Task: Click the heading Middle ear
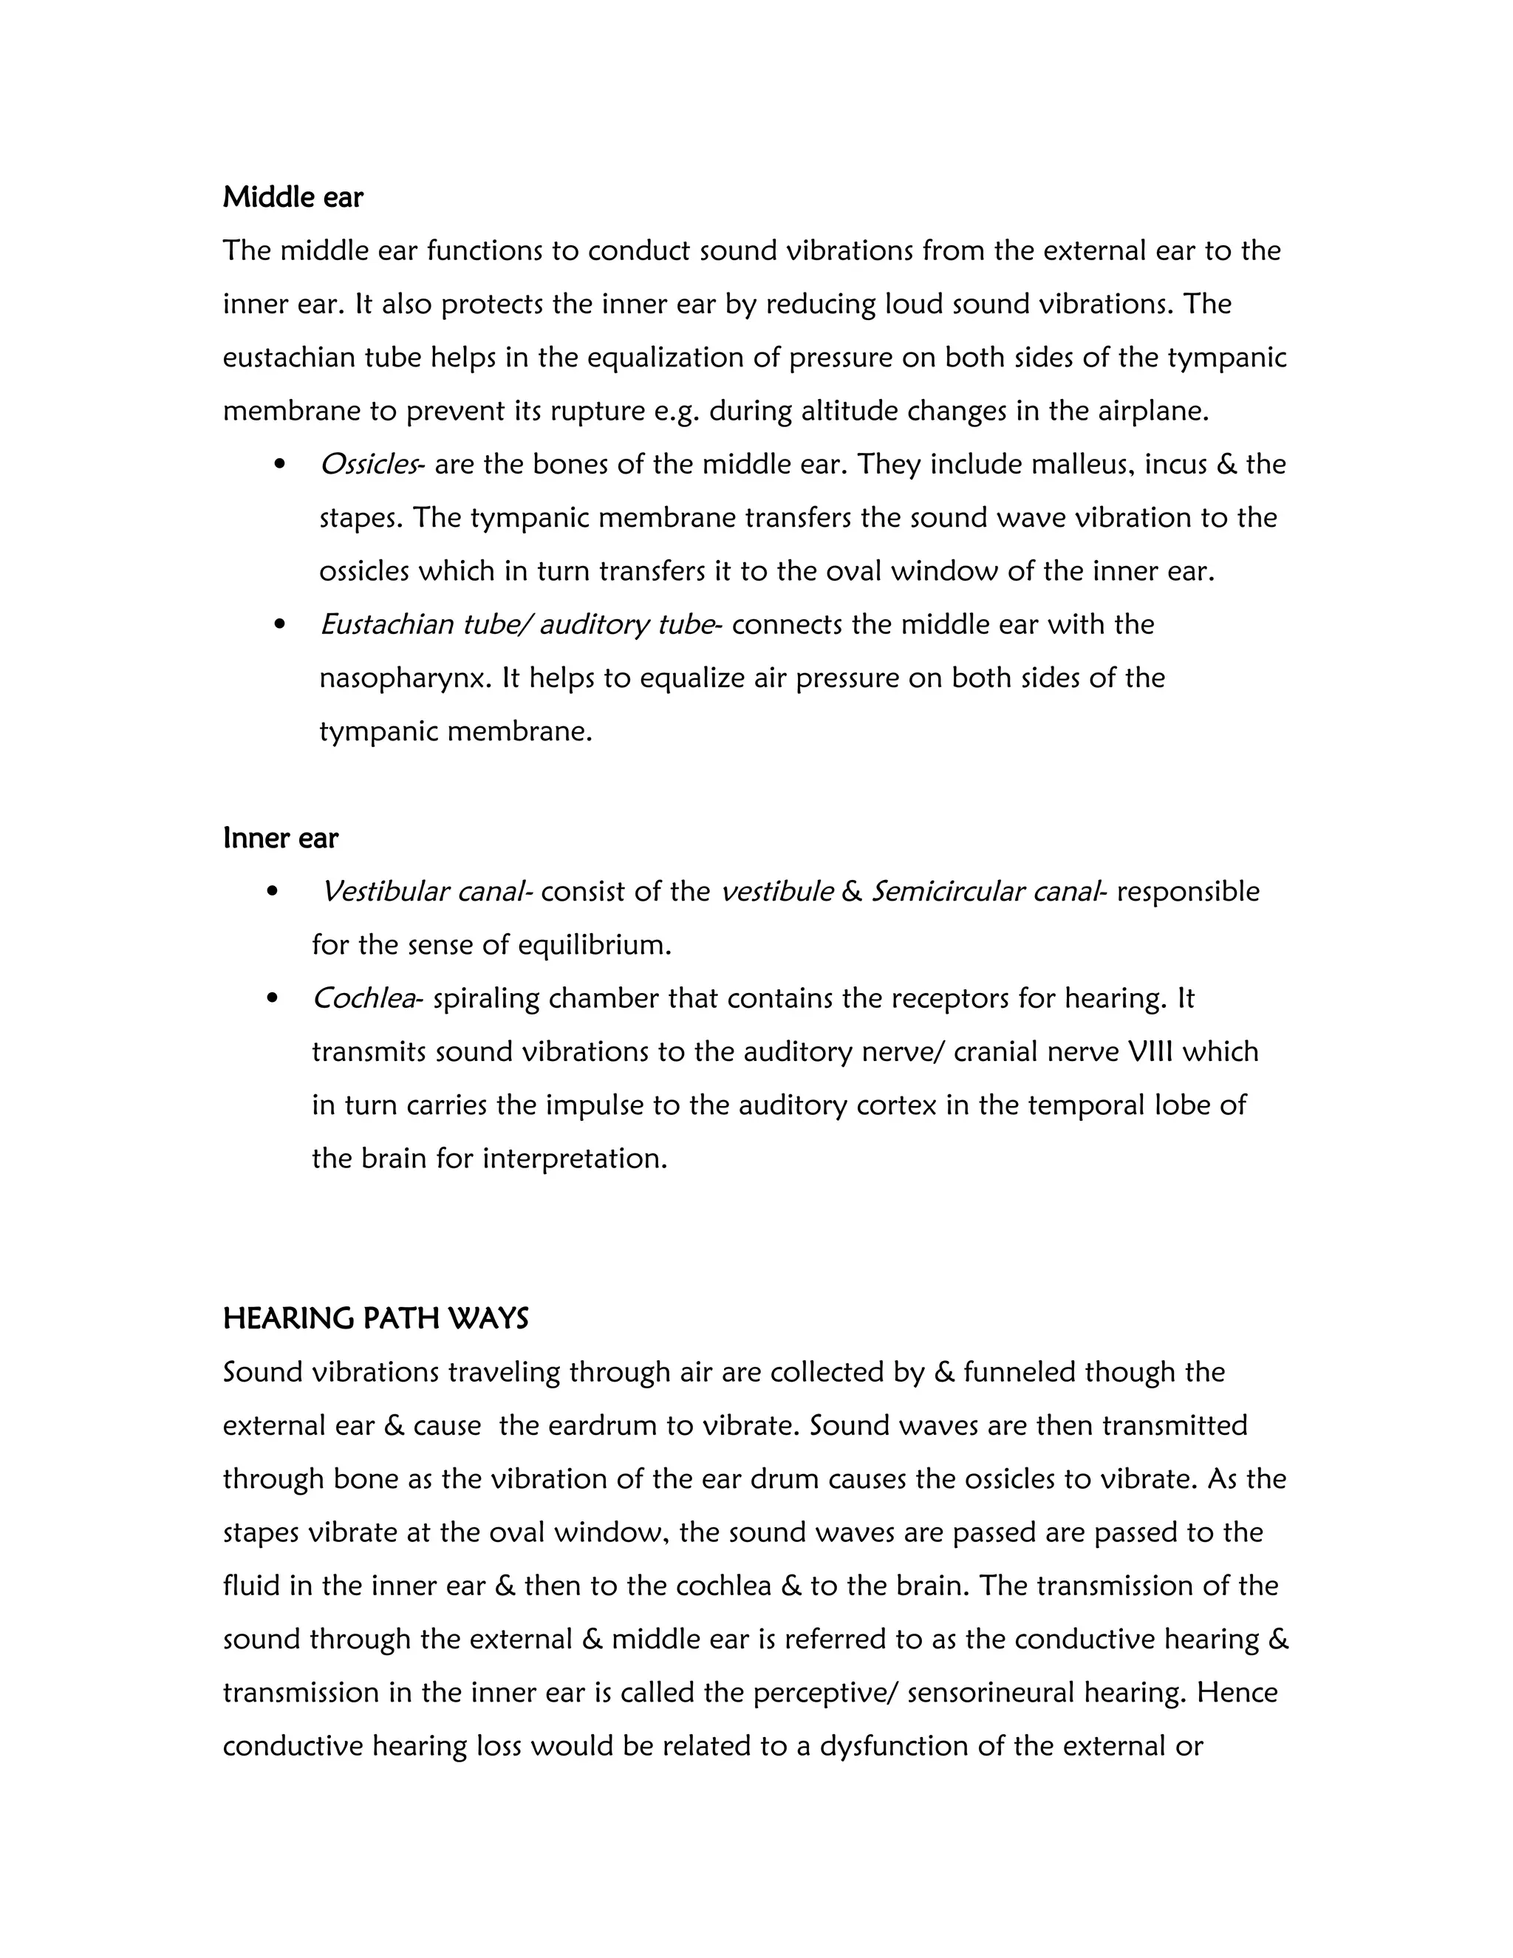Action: [293, 197]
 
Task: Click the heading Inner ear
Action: [281, 839]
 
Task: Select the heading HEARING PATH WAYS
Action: [375, 1319]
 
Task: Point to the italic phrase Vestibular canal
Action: [424, 891]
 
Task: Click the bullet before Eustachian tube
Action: [280, 624]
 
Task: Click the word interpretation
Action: [575, 1159]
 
